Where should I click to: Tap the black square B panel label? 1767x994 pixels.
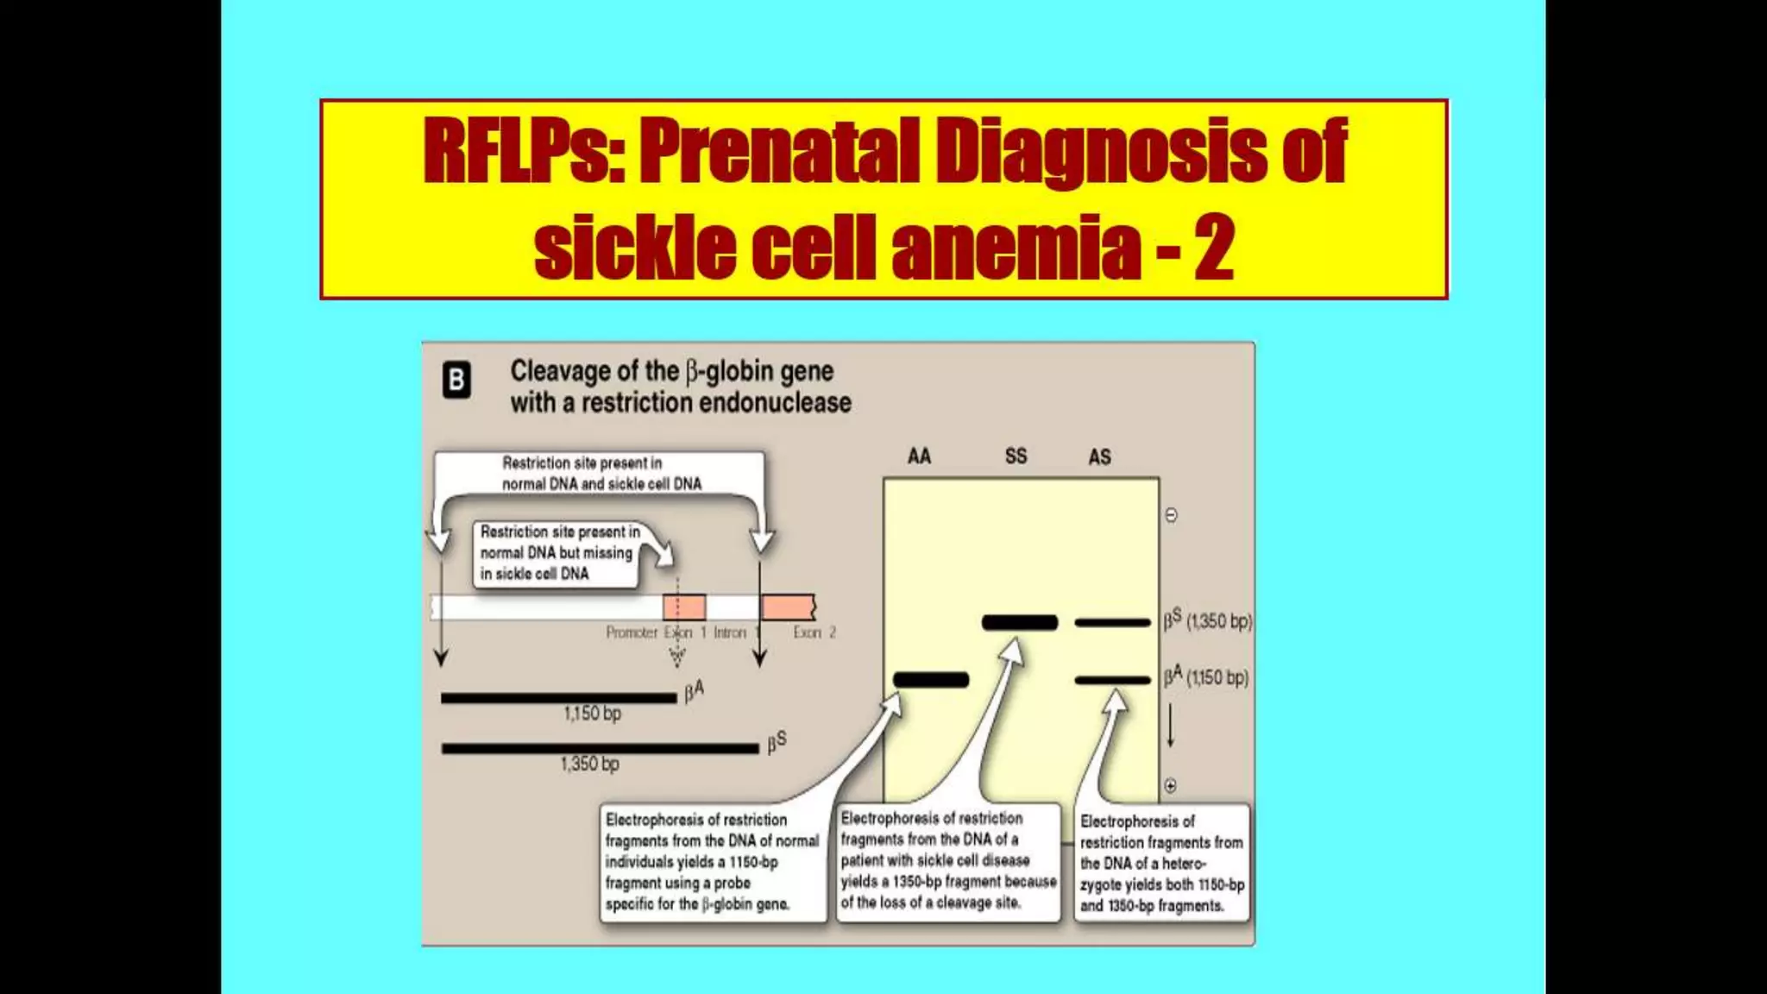[456, 381]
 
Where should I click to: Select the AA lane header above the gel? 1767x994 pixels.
[919, 456]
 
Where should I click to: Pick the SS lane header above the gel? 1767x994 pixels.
[1016, 456]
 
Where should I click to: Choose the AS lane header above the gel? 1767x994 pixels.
[1099, 457]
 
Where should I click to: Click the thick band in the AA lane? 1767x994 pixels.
[931, 680]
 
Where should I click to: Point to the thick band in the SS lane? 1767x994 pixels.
[1020, 622]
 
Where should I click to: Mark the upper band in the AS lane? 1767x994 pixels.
[1112, 622]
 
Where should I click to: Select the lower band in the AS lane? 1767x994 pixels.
[1112, 680]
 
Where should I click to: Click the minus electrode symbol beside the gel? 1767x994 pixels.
[1171, 515]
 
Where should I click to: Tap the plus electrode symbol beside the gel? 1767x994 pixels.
[1171, 785]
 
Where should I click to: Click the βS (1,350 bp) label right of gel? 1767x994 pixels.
[1207, 620]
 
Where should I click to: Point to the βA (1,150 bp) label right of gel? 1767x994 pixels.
[1205, 677]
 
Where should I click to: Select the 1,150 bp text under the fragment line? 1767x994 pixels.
[592, 714]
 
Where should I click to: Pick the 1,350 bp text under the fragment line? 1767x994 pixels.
[589, 764]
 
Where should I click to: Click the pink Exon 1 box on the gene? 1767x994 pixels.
[684, 607]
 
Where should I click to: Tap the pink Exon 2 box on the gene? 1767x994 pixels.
[788, 607]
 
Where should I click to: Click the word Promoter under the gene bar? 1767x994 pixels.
[632, 632]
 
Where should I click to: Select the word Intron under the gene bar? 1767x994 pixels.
[730, 632]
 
